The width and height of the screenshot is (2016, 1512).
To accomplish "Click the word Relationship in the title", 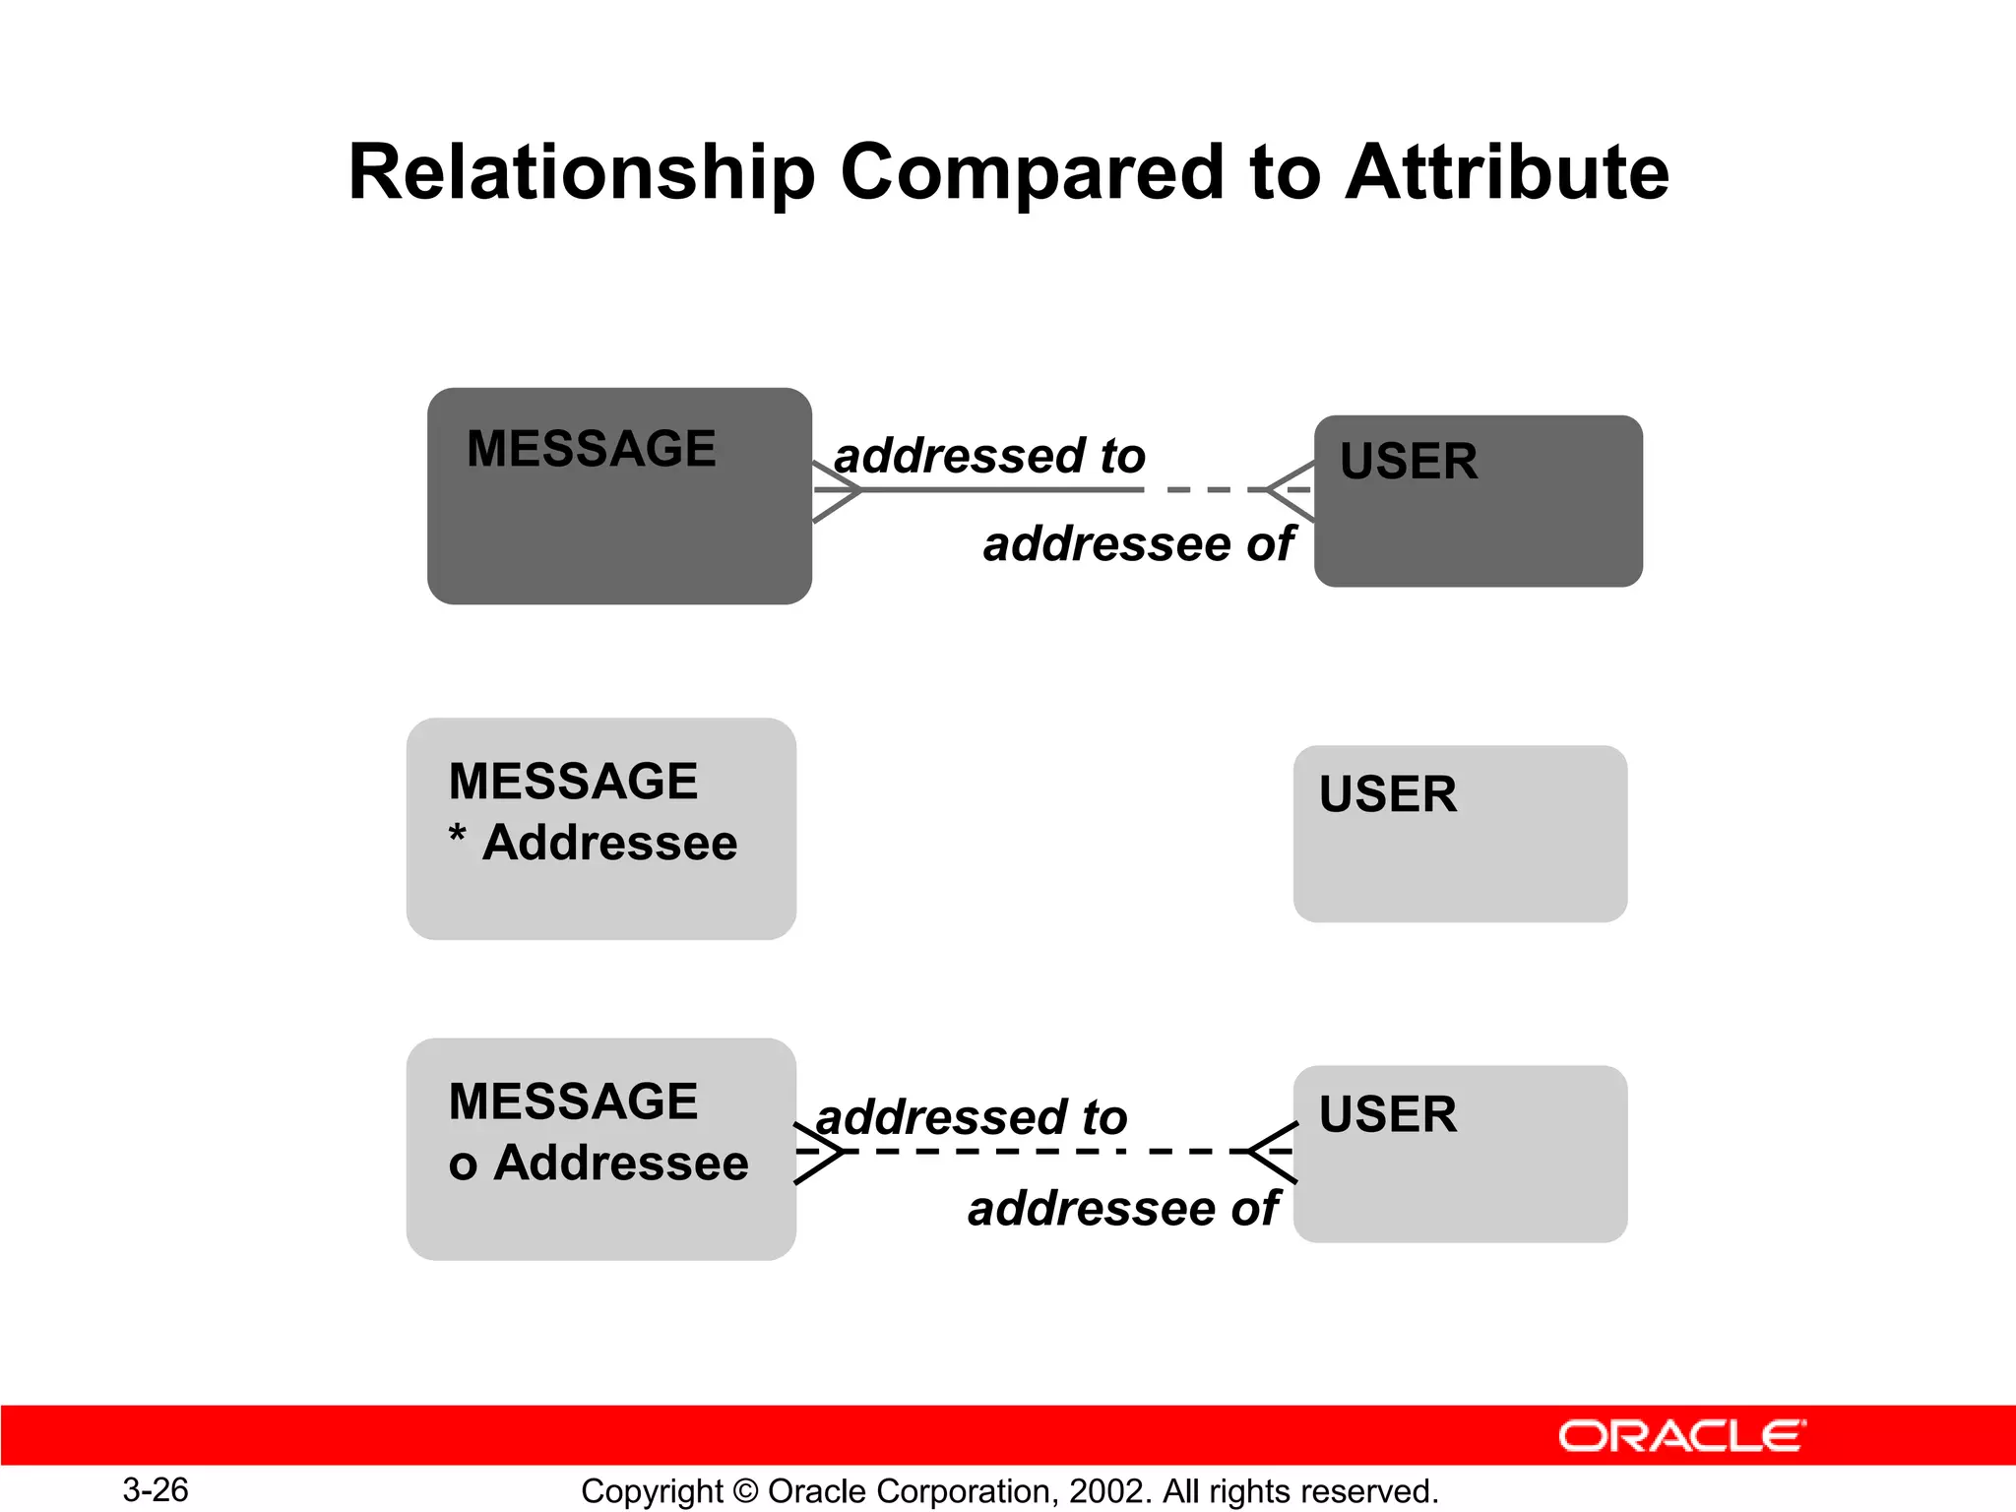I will (581, 173).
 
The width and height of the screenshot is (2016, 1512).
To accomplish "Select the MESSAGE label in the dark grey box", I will (591, 449).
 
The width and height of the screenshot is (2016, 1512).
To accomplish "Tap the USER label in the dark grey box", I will (1408, 461).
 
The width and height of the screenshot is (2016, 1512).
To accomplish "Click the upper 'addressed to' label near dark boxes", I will (989, 456).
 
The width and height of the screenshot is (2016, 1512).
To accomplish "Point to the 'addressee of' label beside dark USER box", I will (1138, 543).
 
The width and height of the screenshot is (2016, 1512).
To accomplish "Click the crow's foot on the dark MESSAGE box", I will (837, 489).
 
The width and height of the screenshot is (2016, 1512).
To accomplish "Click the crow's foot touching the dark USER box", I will (1291, 489).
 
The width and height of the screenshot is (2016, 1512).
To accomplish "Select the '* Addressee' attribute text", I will (593, 843).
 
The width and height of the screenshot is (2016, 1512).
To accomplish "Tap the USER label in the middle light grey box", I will (1387, 794).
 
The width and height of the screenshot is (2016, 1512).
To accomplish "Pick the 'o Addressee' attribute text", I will (598, 1163).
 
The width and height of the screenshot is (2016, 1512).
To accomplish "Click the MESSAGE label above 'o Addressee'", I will (573, 1101).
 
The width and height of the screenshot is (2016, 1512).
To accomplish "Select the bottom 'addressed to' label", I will (972, 1117).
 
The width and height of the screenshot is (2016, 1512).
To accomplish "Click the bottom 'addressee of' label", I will (1122, 1208).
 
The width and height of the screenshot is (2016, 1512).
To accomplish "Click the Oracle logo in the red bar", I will (1681, 1436).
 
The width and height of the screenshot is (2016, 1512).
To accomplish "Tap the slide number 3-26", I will (156, 1489).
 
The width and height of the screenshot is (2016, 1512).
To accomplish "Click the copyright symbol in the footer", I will (745, 1491).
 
